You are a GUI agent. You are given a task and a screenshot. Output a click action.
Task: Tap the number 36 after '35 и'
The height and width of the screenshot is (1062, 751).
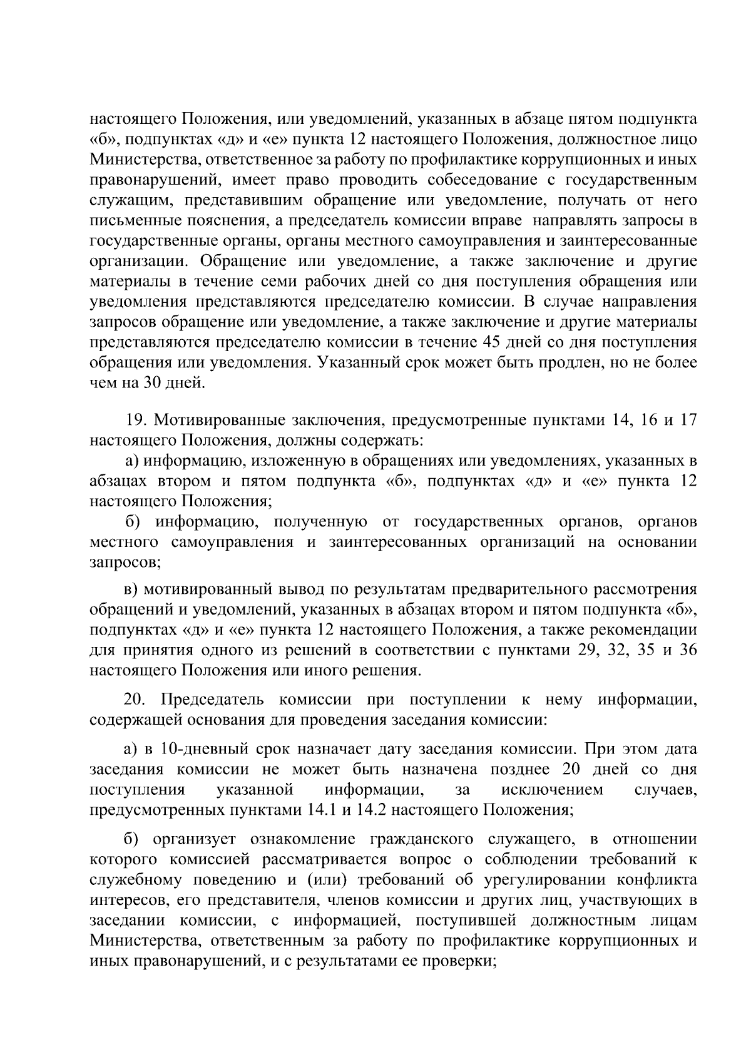click(687, 650)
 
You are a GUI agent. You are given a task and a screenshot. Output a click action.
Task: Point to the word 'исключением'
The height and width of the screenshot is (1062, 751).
click(551, 789)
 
